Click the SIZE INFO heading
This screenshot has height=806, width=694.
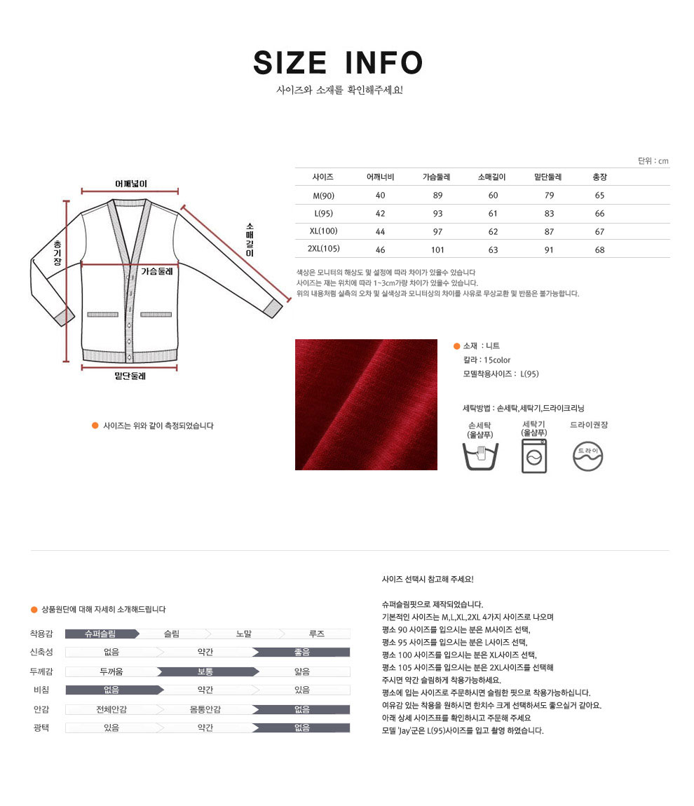point(338,63)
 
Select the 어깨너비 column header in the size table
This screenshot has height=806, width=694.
point(380,177)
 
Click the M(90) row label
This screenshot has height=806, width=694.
point(323,196)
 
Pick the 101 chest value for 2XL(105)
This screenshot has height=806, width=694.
point(438,250)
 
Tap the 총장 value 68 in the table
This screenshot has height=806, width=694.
point(599,250)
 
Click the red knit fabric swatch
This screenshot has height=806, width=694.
point(366,404)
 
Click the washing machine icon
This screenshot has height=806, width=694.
point(534,457)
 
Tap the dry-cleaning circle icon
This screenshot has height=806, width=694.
point(587,456)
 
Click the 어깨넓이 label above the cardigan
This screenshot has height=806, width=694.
point(131,184)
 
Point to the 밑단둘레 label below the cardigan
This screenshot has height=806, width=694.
point(130,376)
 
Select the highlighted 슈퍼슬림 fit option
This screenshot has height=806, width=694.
point(100,634)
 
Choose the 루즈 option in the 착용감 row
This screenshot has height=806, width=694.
point(317,634)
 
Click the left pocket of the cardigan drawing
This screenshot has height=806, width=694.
point(102,315)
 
